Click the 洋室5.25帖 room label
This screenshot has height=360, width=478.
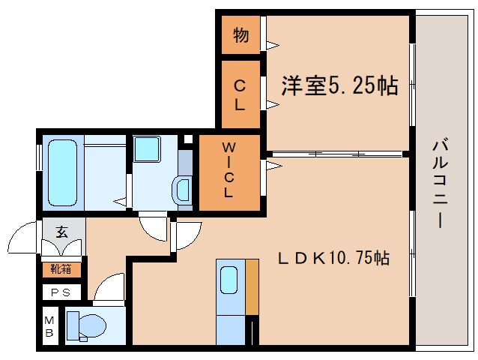(x=339, y=86)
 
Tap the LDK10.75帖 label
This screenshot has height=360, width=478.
(x=333, y=259)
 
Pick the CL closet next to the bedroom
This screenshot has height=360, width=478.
(x=240, y=94)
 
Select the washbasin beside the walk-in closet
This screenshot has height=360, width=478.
(x=182, y=188)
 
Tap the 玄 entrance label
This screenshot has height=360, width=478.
(x=62, y=232)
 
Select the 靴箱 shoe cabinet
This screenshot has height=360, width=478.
(x=61, y=267)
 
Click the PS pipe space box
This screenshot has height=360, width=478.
(x=61, y=292)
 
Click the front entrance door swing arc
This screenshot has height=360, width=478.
(x=22, y=240)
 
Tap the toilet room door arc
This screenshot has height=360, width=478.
(x=109, y=288)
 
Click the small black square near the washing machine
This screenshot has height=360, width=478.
(x=188, y=139)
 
